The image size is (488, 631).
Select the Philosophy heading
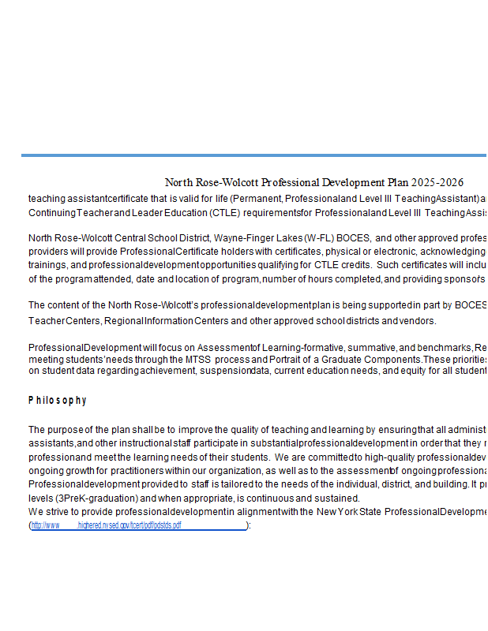(58, 401)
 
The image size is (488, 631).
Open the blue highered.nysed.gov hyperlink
(137, 525)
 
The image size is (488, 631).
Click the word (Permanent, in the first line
(257, 198)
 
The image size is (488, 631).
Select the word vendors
(418, 320)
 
